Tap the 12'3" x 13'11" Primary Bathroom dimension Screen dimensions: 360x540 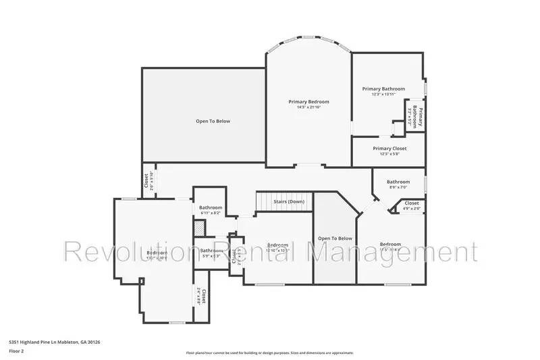coord(383,95)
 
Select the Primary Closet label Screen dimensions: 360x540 coord(389,148)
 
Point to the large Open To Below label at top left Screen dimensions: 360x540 coord(213,121)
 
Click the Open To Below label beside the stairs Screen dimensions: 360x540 coord(335,238)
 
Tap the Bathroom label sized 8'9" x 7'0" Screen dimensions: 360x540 coord(398,182)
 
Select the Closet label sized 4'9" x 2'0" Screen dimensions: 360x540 coord(411,203)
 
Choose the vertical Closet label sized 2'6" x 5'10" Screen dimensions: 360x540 coord(146,181)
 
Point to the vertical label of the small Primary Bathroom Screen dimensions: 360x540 coord(419,118)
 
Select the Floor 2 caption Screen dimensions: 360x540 coord(16,351)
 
